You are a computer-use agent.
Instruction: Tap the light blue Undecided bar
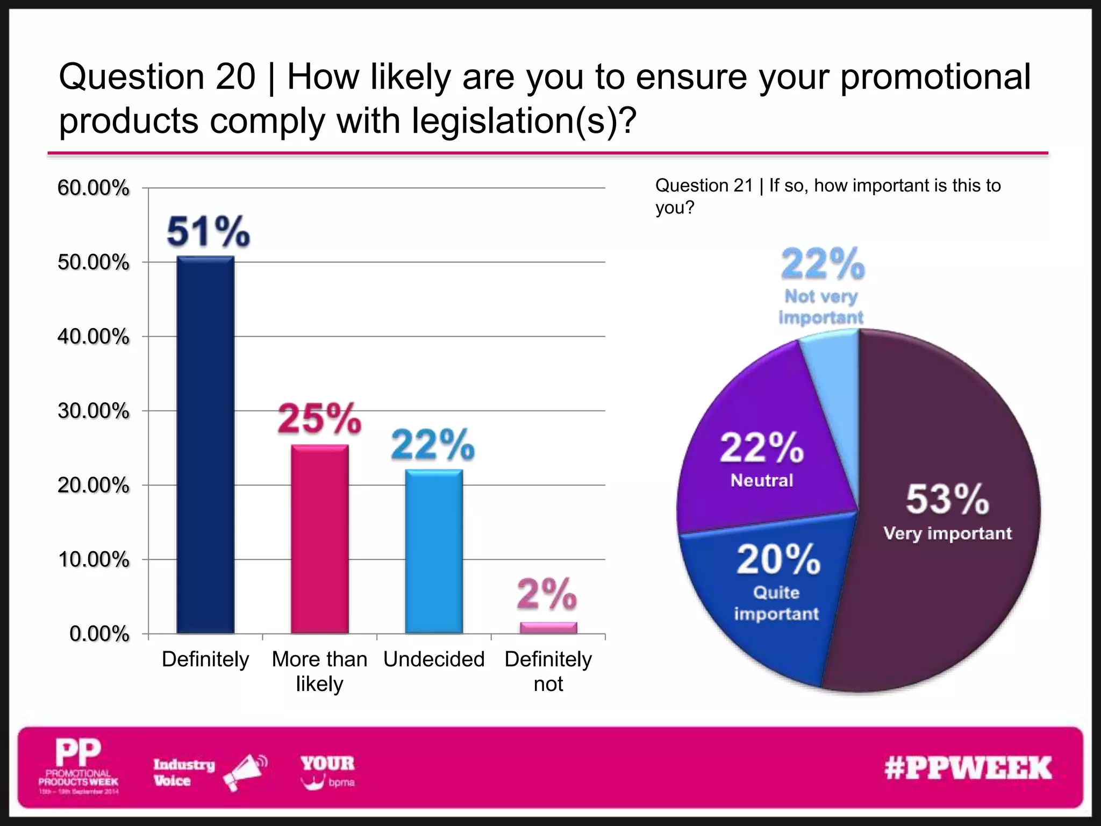[x=434, y=551]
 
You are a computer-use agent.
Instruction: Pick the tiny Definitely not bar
[x=548, y=628]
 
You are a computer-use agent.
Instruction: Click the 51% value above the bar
[x=208, y=232]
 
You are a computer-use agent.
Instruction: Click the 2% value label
[x=547, y=594]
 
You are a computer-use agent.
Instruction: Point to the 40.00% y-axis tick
[x=93, y=337]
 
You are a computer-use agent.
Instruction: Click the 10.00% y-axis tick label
[x=93, y=560]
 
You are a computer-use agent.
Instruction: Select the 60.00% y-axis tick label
[x=93, y=188]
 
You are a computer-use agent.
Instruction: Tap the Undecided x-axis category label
[x=434, y=659]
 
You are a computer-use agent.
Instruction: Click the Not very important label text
[x=821, y=307]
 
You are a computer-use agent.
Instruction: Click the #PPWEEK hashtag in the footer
[x=968, y=768]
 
